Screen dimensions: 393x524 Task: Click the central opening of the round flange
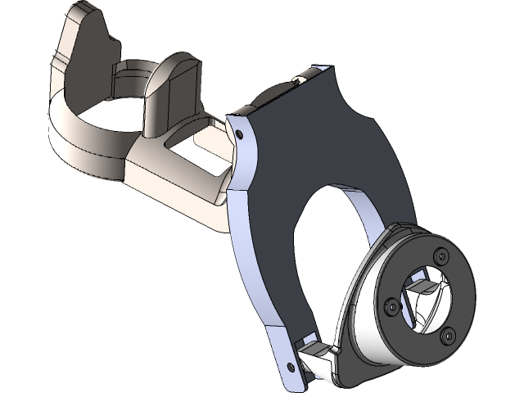pos(426,300)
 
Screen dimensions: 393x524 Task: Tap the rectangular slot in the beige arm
pos(201,156)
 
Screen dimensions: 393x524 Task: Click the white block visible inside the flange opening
pos(419,287)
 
